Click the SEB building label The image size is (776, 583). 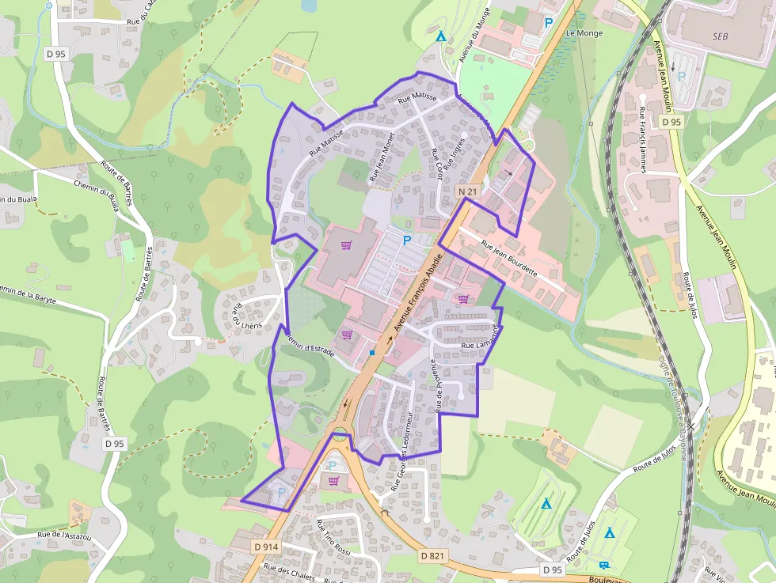pyautogui.click(x=720, y=36)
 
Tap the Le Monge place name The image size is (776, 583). pyautogui.click(x=584, y=33)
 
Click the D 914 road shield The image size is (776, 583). pyautogui.click(x=267, y=547)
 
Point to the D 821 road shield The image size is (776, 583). pyautogui.click(x=432, y=556)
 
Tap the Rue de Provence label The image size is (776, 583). pyautogui.click(x=434, y=387)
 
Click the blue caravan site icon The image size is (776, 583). pyautogui.click(x=605, y=565)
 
